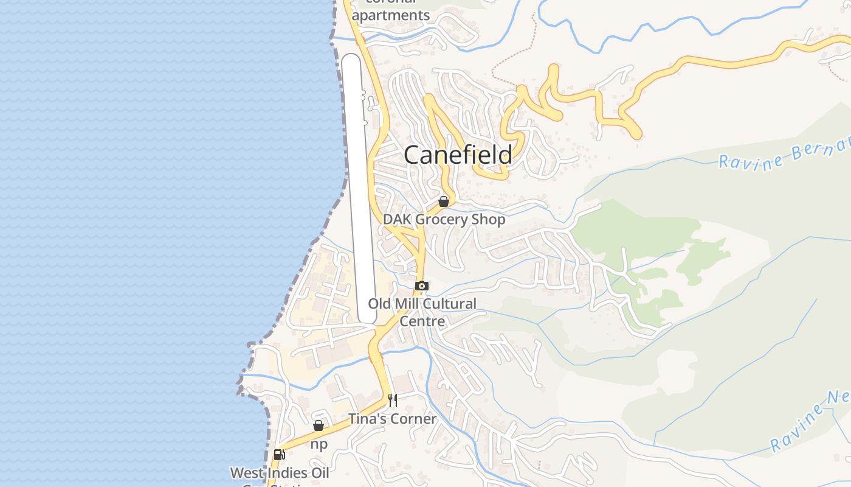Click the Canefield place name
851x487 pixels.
(x=458, y=155)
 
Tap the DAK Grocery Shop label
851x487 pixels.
(x=444, y=219)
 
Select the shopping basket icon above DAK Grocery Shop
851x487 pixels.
(x=444, y=201)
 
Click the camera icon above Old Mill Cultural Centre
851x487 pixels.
(x=422, y=286)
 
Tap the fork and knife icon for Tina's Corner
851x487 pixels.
(x=393, y=400)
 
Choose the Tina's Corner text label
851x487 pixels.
(x=392, y=419)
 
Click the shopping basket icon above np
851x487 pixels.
(x=319, y=426)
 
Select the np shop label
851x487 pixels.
(x=319, y=444)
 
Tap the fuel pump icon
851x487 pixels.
(x=280, y=454)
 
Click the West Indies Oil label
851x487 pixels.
(x=280, y=473)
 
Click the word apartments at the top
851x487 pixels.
(x=391, y=15)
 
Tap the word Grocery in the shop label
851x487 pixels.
(x=443, y=219)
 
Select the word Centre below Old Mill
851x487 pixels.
(x=422, y=321)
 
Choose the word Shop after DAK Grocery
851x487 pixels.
(x=489, y=219)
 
